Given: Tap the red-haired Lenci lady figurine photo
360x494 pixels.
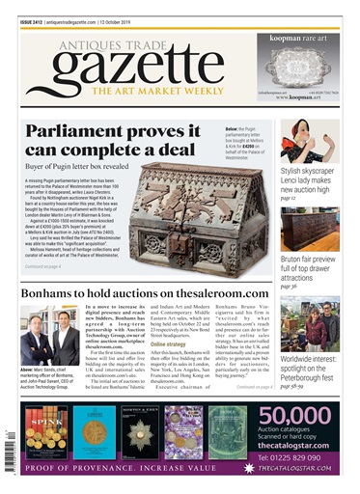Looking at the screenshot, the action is point(299,140).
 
